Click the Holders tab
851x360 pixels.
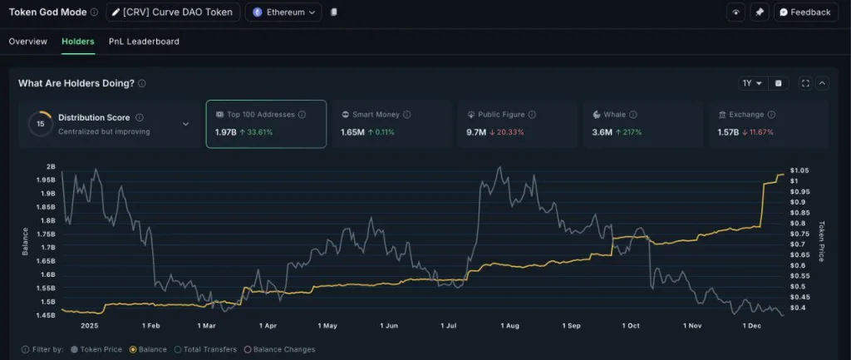(78, 42)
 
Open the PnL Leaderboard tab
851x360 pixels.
(144, 42)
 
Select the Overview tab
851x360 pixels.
(28, 42)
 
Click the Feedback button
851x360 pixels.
(804, 12)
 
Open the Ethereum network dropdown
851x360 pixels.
(283, 12)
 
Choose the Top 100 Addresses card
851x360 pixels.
(266, 124)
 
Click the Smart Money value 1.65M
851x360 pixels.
(352, 132)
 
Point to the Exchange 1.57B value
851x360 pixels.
(730, 132)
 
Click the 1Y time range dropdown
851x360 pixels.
(752, 83)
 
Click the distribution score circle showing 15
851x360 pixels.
(40, 124)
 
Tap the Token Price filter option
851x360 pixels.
(97, 350)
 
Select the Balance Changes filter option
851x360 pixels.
(279, 350)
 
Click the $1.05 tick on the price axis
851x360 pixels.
(799, 170)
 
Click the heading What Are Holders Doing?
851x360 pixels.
(76, 83)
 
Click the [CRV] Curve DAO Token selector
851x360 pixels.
(174, 12)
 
